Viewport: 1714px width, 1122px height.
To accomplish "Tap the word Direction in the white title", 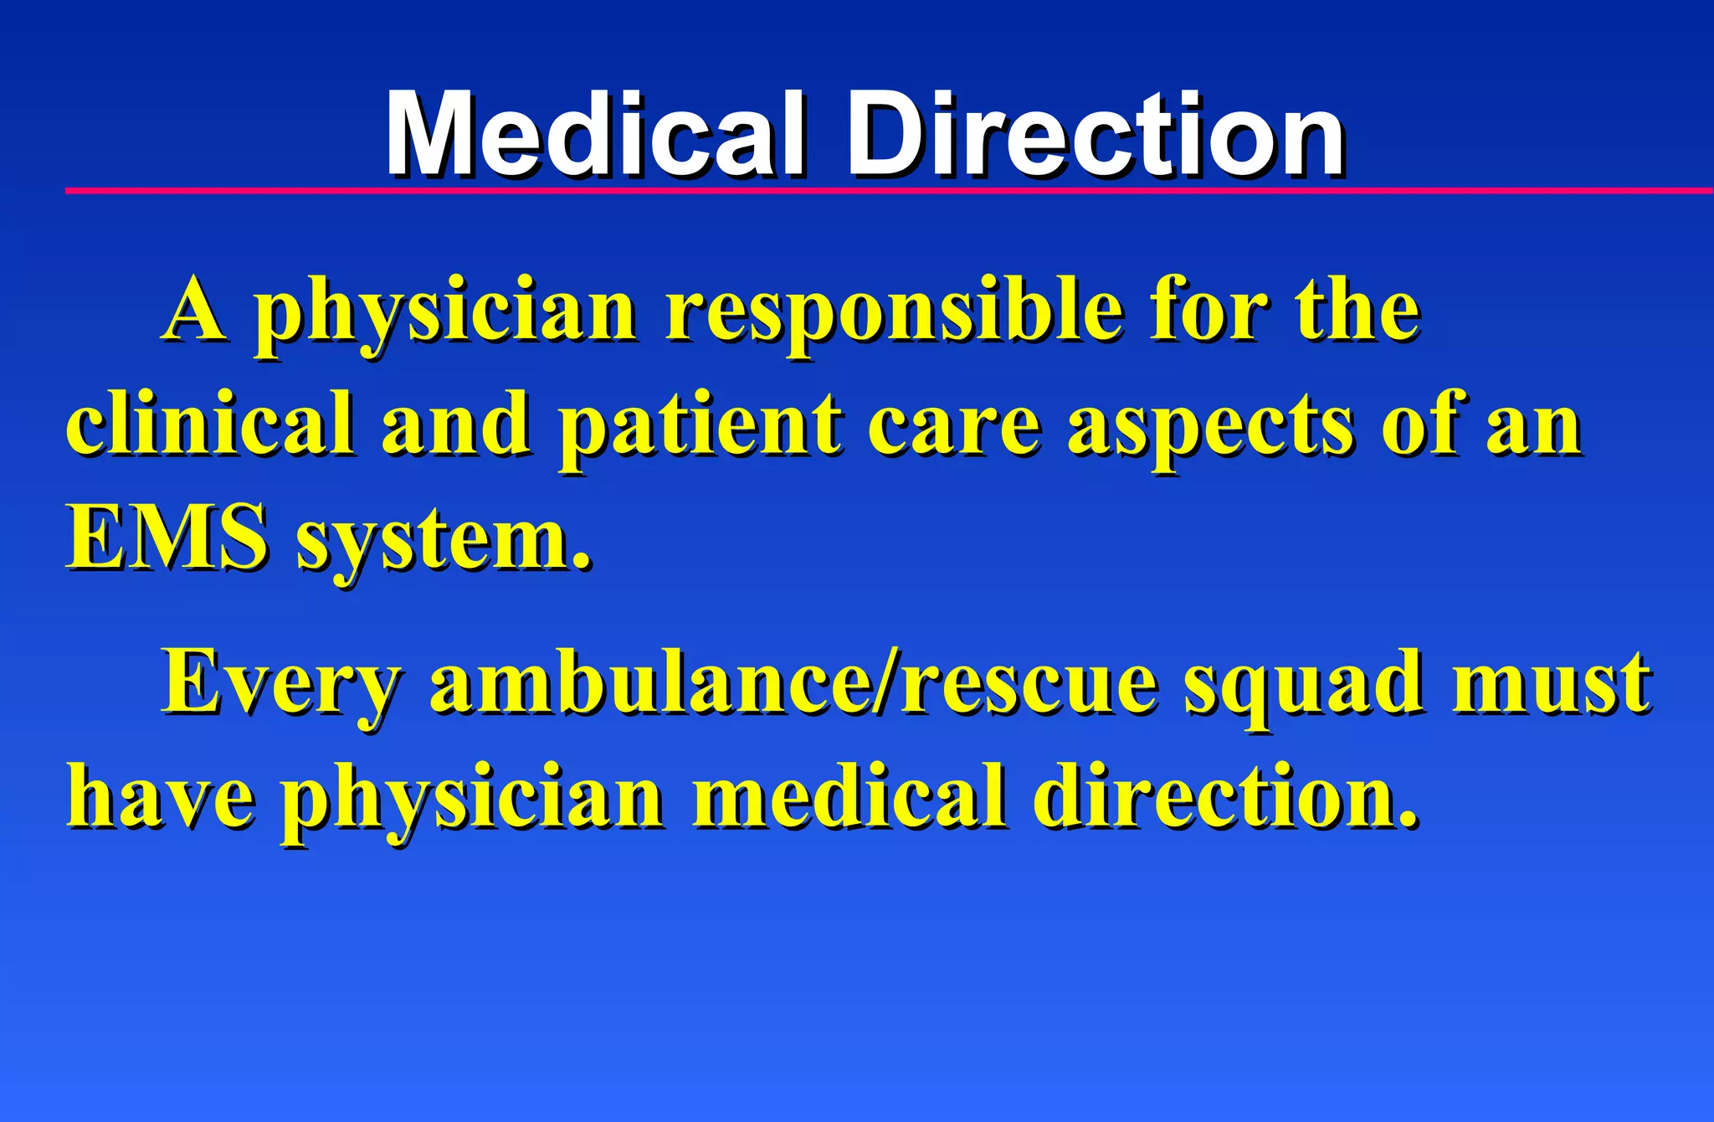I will coord(1096,136).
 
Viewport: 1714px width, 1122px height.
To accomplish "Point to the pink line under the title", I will coord(887,192).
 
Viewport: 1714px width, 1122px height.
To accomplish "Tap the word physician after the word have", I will coord(473,799).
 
